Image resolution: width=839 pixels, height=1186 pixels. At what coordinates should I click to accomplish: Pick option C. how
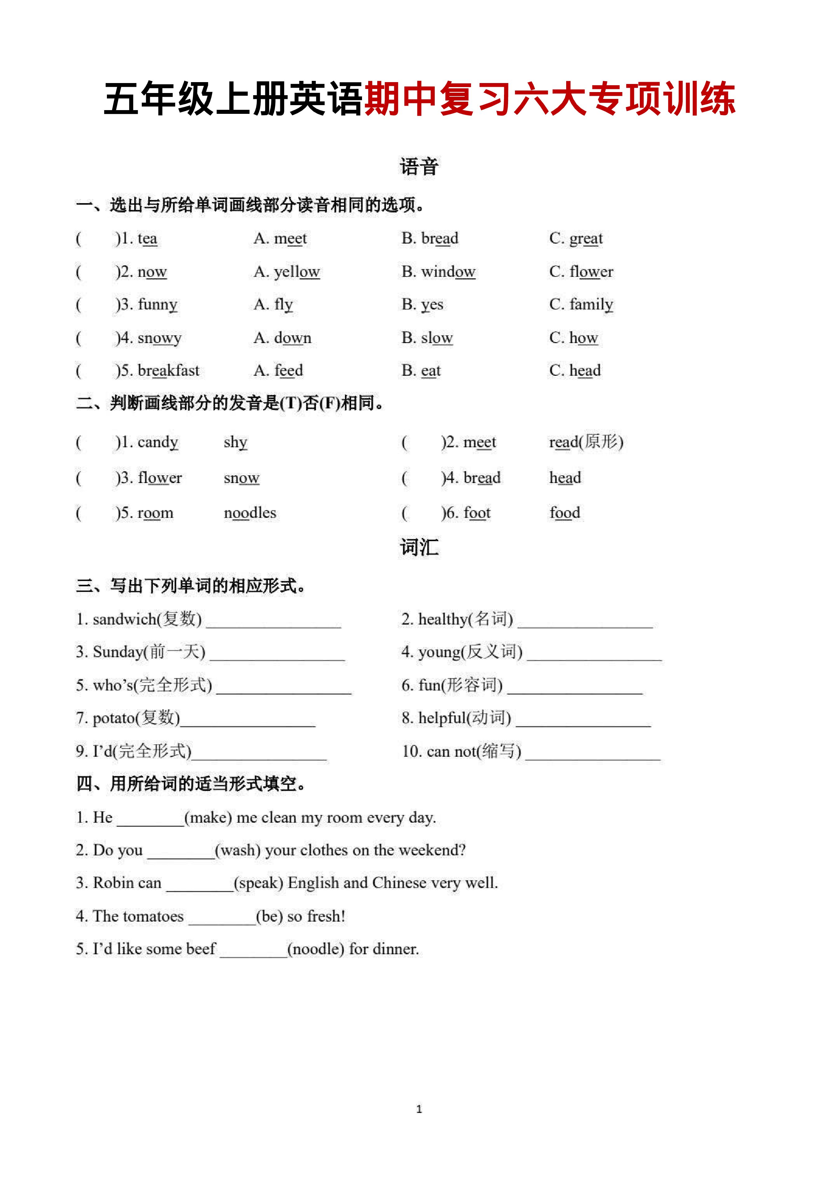[573, 337]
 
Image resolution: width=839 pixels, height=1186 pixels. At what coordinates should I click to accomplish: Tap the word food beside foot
[565, 513]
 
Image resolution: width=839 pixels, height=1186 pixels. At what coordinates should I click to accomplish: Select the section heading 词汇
[419, 547]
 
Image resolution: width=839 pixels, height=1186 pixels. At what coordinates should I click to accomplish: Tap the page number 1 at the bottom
[419, 1109]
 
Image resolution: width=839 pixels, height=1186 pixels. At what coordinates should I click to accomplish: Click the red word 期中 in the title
[401, 99]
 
